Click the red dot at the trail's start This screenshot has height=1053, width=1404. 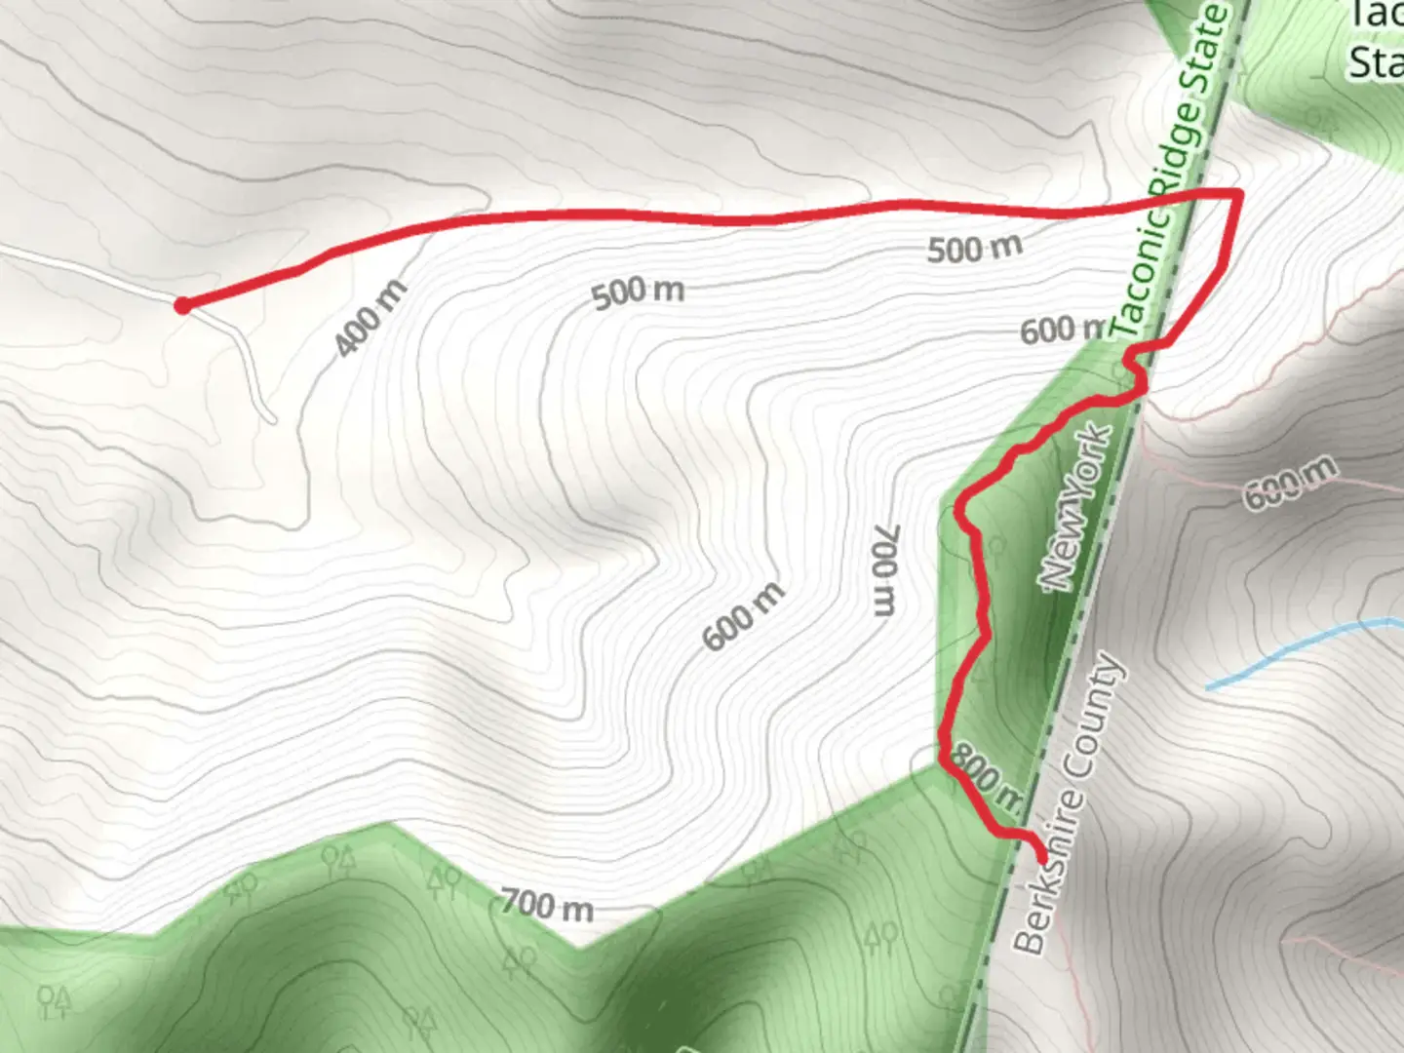tap(182, 306)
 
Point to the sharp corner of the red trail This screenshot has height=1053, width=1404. tap(1237, 195)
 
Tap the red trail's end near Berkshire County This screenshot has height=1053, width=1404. tap(1042, 857)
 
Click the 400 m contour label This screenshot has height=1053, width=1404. tap(370, 318)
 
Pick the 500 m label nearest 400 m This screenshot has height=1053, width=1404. tap(639, 292)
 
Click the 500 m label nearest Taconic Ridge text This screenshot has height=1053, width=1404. tap(974, 248)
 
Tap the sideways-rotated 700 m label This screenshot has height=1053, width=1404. tap(884, 570)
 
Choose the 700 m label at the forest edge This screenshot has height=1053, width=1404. tap(547, 907)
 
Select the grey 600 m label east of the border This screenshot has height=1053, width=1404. tap(1291, 483)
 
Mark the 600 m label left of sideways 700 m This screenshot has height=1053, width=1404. tap(743, 616)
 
